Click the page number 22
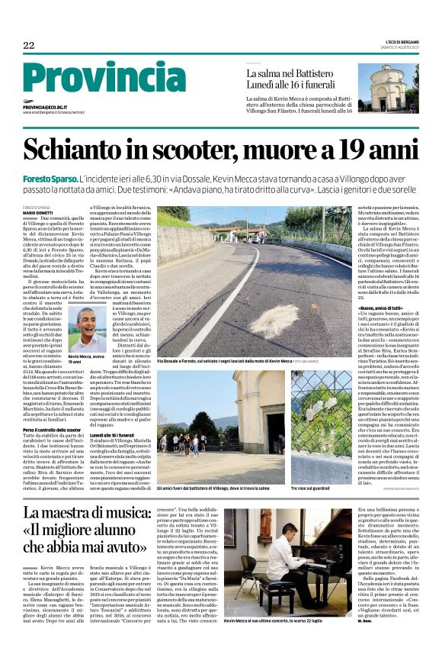click(x=29, y=45)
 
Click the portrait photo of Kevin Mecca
click(x=86, y=329)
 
